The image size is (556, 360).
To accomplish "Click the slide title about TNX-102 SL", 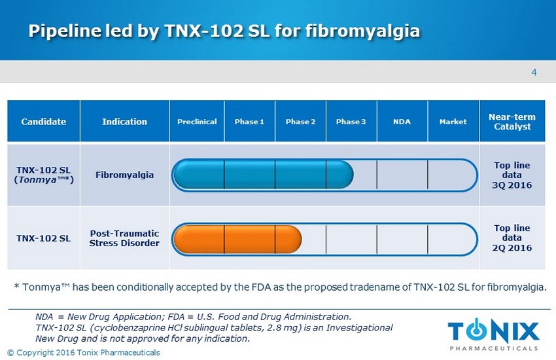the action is [224, 31].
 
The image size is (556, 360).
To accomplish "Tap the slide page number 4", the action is [534, 73].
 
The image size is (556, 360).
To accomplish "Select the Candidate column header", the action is [44, 121].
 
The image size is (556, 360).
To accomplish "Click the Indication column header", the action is [124, 121].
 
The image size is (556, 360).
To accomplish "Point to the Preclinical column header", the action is [197, 121].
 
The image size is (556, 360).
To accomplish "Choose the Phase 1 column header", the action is [249, 121].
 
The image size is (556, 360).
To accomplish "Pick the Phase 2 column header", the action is [300, 121].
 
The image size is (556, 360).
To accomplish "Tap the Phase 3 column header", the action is [351, 121].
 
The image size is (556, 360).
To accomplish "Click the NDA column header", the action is [402, 121].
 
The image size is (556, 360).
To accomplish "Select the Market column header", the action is [453, 121].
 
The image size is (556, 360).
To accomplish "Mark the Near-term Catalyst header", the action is [512, 121].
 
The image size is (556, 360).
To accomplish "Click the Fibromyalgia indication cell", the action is [124, 175].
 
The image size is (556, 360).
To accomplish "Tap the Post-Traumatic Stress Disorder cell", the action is [124, 238].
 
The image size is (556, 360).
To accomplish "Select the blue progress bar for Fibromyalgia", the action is [263, 175].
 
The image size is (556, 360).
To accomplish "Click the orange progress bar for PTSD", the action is [237, 239].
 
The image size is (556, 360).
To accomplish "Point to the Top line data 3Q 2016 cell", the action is [512, 175].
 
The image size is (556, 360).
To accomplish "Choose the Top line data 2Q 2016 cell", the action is [512, 238].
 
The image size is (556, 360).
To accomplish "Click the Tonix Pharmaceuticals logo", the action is [493, 334].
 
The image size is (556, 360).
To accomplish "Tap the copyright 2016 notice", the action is [84, 353].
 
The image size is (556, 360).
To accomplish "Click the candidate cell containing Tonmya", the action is [44, 175].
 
